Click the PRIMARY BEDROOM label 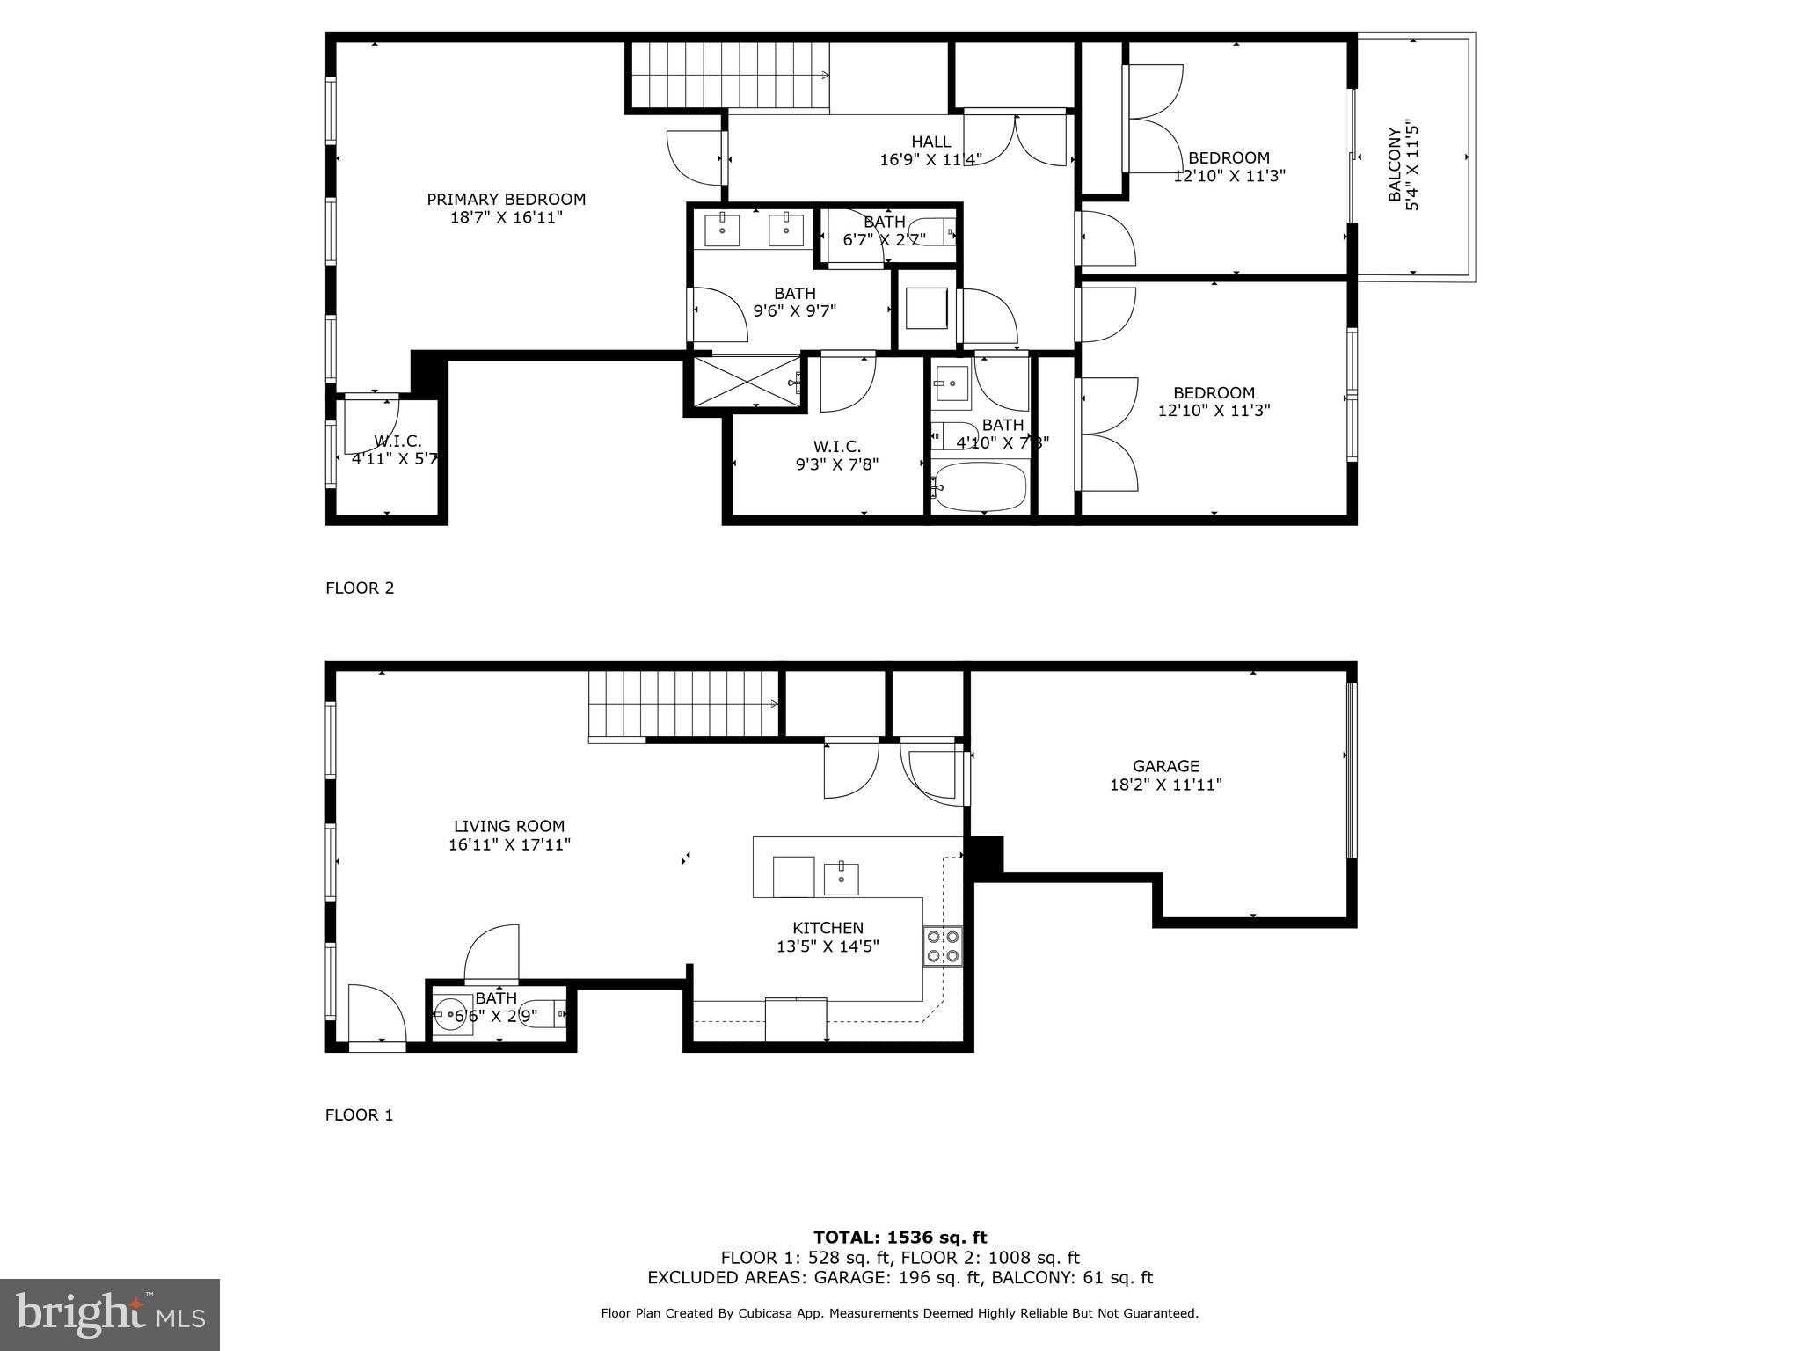click(506, 200)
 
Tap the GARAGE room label click(1165, 766)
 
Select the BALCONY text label click(1395, 164)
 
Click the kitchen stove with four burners click(942, 946)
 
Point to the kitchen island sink click(841, 879)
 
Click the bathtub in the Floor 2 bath click(980, 488)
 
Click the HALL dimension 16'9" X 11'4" click(930, 159)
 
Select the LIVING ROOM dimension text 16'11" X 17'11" click(509, 844)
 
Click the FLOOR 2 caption click(360, 588)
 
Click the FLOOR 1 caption click(359, 1114)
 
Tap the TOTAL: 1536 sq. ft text click(900, 1237)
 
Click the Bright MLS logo click(110, 1315)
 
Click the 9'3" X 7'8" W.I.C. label click(836, 456)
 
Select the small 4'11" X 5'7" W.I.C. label click(395, 450)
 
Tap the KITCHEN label click(828, 927)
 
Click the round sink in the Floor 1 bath click(454, 1016)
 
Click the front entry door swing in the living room click(376, 1016)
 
